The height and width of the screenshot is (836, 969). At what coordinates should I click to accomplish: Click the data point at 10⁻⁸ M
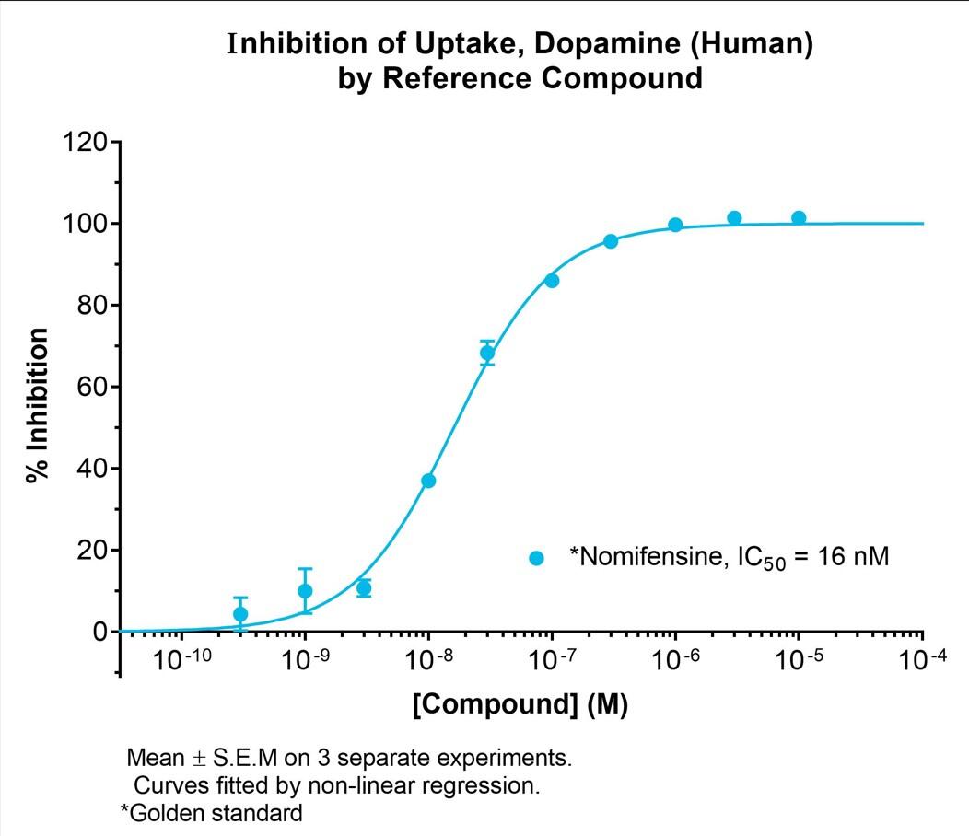tap(428, 481)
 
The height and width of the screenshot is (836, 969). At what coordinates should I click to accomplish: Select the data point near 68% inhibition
tap(487, 353)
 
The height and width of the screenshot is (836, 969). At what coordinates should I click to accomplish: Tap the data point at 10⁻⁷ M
tap(552, 281)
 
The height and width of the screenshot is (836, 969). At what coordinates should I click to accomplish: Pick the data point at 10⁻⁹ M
tap(305, 591)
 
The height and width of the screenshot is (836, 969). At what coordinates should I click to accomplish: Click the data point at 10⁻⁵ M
tap(799, 218)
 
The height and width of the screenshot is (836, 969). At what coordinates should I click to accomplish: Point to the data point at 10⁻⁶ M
tap(675, 225)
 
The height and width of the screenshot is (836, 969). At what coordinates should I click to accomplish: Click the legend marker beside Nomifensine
tap(536, 558)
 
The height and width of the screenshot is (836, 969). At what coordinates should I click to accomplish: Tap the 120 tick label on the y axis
tap(84, 143)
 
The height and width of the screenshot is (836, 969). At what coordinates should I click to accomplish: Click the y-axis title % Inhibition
tap(38, 406)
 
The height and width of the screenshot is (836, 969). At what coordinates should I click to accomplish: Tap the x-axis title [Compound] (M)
tap(520, 707)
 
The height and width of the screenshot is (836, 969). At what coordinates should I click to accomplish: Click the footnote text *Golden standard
tap(211, 814)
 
